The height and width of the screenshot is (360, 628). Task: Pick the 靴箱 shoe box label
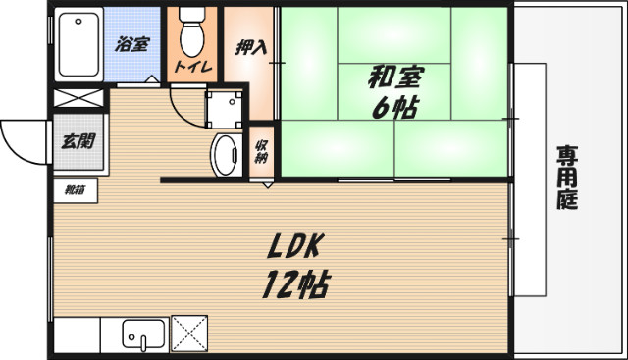tap(75, 189)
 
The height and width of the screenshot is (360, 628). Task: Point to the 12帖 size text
tap(293, 284)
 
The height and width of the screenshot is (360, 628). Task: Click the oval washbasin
tap(226, 155)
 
